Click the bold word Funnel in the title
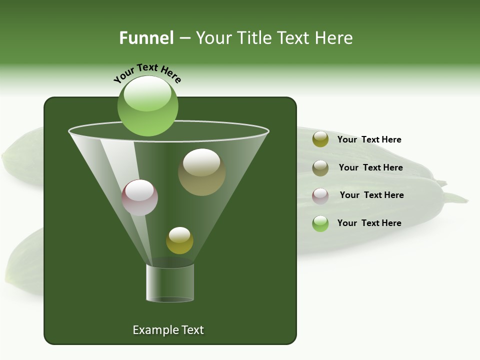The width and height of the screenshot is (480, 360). (x=146, y=38)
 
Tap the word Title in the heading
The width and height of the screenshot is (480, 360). (x=253, y=38)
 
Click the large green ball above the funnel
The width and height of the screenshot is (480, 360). (x=148, y=105)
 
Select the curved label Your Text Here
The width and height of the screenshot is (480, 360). (x=147, y=72)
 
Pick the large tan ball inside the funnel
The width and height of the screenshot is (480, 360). (x=202, y=172)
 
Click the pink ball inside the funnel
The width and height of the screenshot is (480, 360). (x=140, y=197)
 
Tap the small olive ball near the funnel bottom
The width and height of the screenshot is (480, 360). (x=179, y=240)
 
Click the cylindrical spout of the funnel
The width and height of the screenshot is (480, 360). (x=170, y=283)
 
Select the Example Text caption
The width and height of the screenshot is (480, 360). (x=168, y=330)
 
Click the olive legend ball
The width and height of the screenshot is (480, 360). (x=320, y=139)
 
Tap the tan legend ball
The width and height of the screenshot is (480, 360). (x=320, y=167)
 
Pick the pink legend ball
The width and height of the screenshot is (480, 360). (x=320, y=195)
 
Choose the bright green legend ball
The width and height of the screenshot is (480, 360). (x=320, y=223)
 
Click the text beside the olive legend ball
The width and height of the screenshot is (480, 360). (x=369, y=139)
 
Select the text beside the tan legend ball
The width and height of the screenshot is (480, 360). (x=370, y=167)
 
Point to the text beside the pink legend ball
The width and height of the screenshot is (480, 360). (x=371, y=195)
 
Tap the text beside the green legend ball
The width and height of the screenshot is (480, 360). (x=369, y=223)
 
